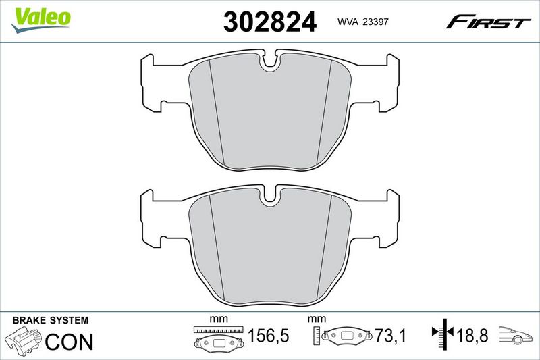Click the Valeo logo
(40, 20)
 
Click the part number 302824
(269, 22)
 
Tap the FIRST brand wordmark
(488, 22)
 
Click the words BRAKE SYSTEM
(50, 320)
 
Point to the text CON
(70, 342)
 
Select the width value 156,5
(268, 336)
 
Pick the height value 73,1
(391, 336)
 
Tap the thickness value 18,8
(472, 335)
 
